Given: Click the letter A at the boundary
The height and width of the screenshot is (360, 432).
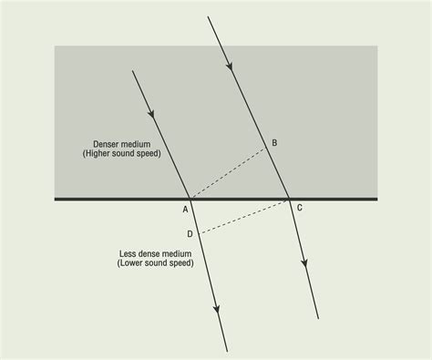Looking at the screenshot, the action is (185, 209).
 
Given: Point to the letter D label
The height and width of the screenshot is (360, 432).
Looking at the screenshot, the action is (190, 234).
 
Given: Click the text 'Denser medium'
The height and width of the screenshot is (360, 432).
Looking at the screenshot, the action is (121, 144).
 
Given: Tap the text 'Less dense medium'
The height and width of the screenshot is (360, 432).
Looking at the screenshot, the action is (149, 254).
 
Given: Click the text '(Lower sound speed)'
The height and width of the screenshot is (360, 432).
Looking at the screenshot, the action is (150, 263).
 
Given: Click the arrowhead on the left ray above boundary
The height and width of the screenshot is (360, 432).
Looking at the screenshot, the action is (151, 110).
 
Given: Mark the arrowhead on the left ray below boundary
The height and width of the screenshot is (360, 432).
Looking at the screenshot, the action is (216, 310).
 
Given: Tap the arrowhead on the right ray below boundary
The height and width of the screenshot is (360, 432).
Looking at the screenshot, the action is (305, 263).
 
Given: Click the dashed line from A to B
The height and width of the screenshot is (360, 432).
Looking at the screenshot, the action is (228, 174).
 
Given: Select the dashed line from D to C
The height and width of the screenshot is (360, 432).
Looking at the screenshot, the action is (244, 216).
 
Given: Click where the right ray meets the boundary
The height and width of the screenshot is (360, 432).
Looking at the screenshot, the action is (288, 198).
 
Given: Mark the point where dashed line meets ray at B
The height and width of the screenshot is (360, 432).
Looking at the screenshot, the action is (266, 151).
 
